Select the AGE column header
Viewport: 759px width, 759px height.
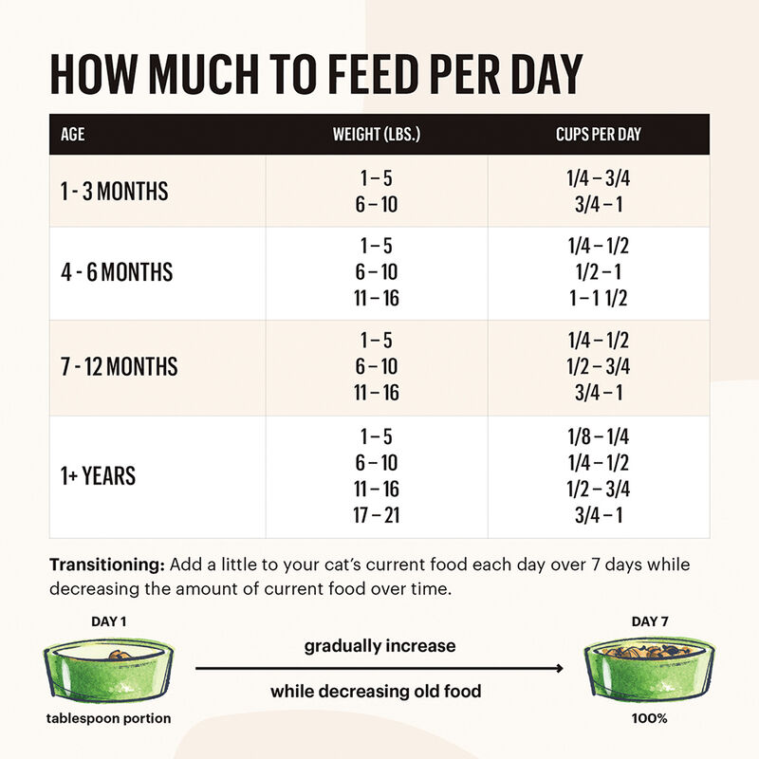(x=72, y=135)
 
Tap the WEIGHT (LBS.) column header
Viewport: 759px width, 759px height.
(x=377, y=135)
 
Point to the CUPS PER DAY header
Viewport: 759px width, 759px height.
(x=598, y=135)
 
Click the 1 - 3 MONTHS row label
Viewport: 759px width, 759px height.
(x=114, y=192)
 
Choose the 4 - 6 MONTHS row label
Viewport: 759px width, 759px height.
(x=117, y=273)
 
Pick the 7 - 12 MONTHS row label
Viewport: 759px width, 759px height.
(x=120, y=366)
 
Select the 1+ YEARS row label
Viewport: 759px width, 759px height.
(x=98, y=476)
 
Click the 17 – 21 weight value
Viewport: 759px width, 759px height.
(x=377, y=516)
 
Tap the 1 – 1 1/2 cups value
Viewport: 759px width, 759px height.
(x=598, y=299)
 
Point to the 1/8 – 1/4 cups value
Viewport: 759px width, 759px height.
(x=598, y=437)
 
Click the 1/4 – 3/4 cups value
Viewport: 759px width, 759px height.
(x=598, y=178)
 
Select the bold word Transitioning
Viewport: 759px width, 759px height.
(x=106, y=565)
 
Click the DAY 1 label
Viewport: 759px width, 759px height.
(x=108, y=621)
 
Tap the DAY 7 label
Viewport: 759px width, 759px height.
(x=651, y=621)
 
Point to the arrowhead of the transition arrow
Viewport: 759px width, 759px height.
(x=559, y=669)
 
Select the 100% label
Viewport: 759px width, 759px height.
(x=651, y=718)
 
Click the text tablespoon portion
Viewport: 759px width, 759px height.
(x=109, y=718)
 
